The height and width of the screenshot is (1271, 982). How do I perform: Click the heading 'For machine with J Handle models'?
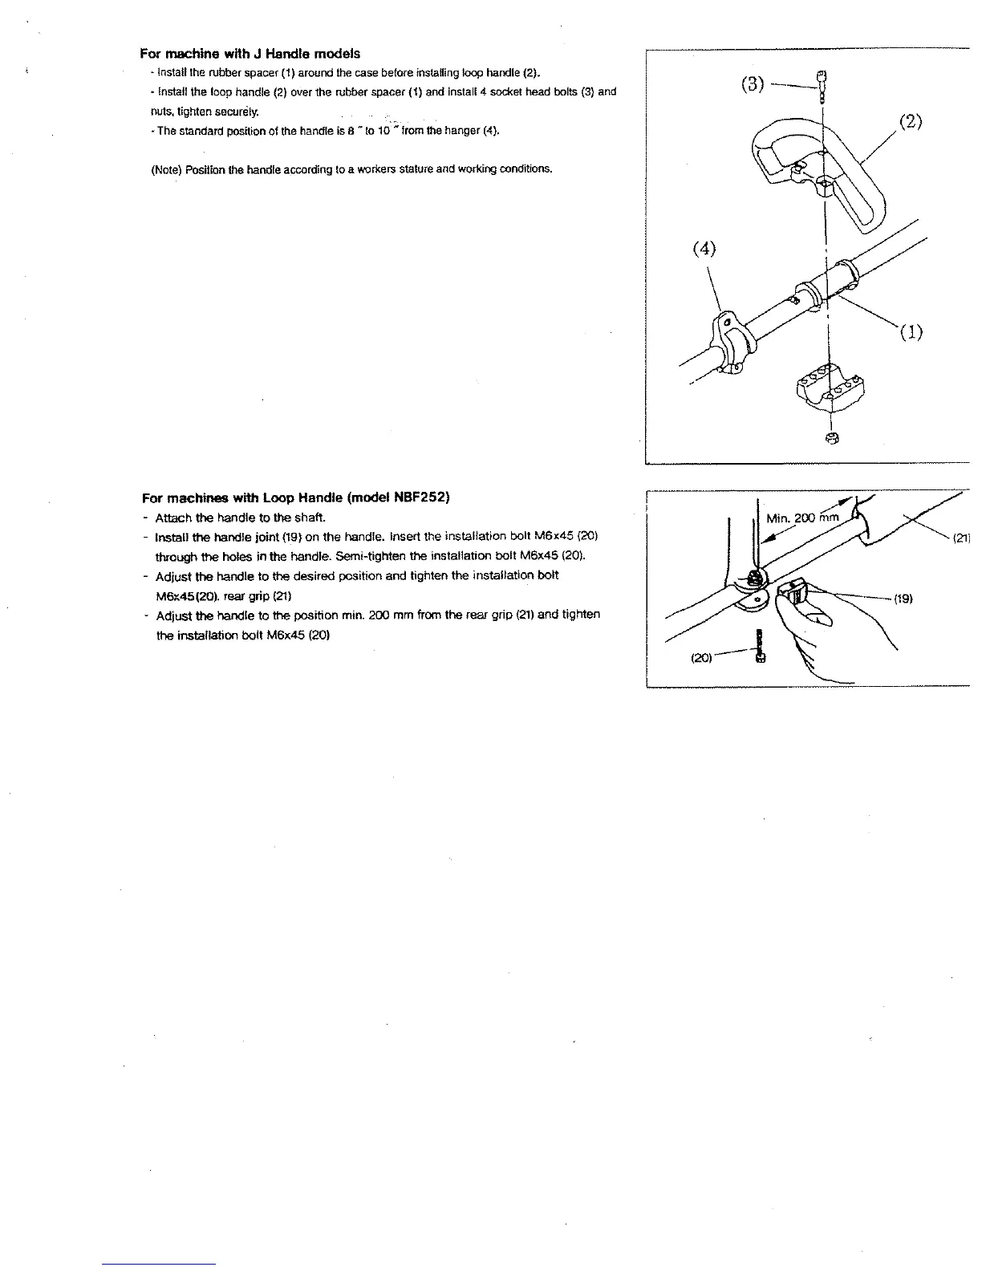(x=250, y=54)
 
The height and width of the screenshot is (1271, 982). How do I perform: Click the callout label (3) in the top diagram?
(x=752, y=84)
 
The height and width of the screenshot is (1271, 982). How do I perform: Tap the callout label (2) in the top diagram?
(x=910, y=122)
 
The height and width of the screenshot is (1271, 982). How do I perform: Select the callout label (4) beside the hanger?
(x=703, y=249)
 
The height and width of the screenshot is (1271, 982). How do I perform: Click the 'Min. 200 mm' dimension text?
(x=802, y=518)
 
